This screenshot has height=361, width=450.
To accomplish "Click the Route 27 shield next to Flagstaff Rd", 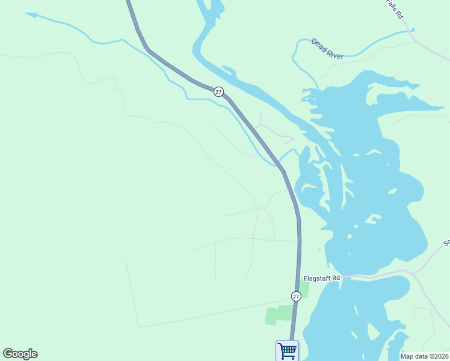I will point(296,296).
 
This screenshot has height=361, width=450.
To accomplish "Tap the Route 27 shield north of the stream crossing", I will point(218,91).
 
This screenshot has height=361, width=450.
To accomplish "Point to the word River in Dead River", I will point(334,54).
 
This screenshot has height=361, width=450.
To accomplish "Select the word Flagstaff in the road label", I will point(318,278).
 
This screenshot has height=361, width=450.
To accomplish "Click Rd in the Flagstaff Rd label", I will point(336,278).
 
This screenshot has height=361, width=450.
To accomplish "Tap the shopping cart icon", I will point(287,350).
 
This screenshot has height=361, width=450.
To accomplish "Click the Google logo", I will point(20,354).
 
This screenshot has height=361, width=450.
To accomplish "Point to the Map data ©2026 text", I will point(425,356).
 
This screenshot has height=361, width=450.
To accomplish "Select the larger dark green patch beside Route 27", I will point(280,314).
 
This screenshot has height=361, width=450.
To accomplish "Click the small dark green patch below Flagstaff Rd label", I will point(304,289).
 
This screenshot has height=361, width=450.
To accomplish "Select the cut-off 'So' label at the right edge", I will point(446,243).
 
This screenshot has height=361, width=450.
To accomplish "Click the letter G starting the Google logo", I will point(7,354).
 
